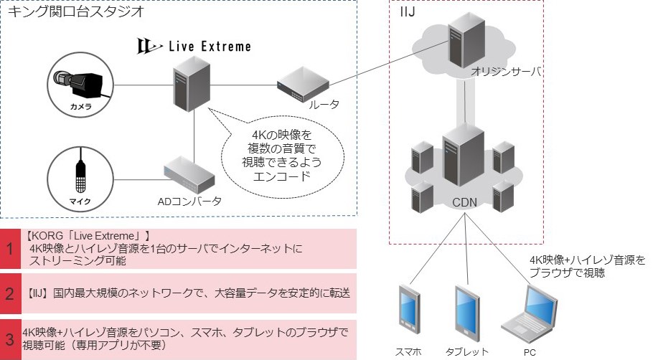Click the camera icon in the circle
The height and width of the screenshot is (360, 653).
pyautogui.click(x=80, y=84)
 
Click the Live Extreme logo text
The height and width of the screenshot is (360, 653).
pyautogui.click(x=194, y=47)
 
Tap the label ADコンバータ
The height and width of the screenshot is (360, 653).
pyautogui.click(x=189, y=201)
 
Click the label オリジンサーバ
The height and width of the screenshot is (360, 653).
pyautogui.click(x=505, y=72)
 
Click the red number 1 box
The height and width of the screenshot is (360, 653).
pyautogui.click(x=10, y=249)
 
